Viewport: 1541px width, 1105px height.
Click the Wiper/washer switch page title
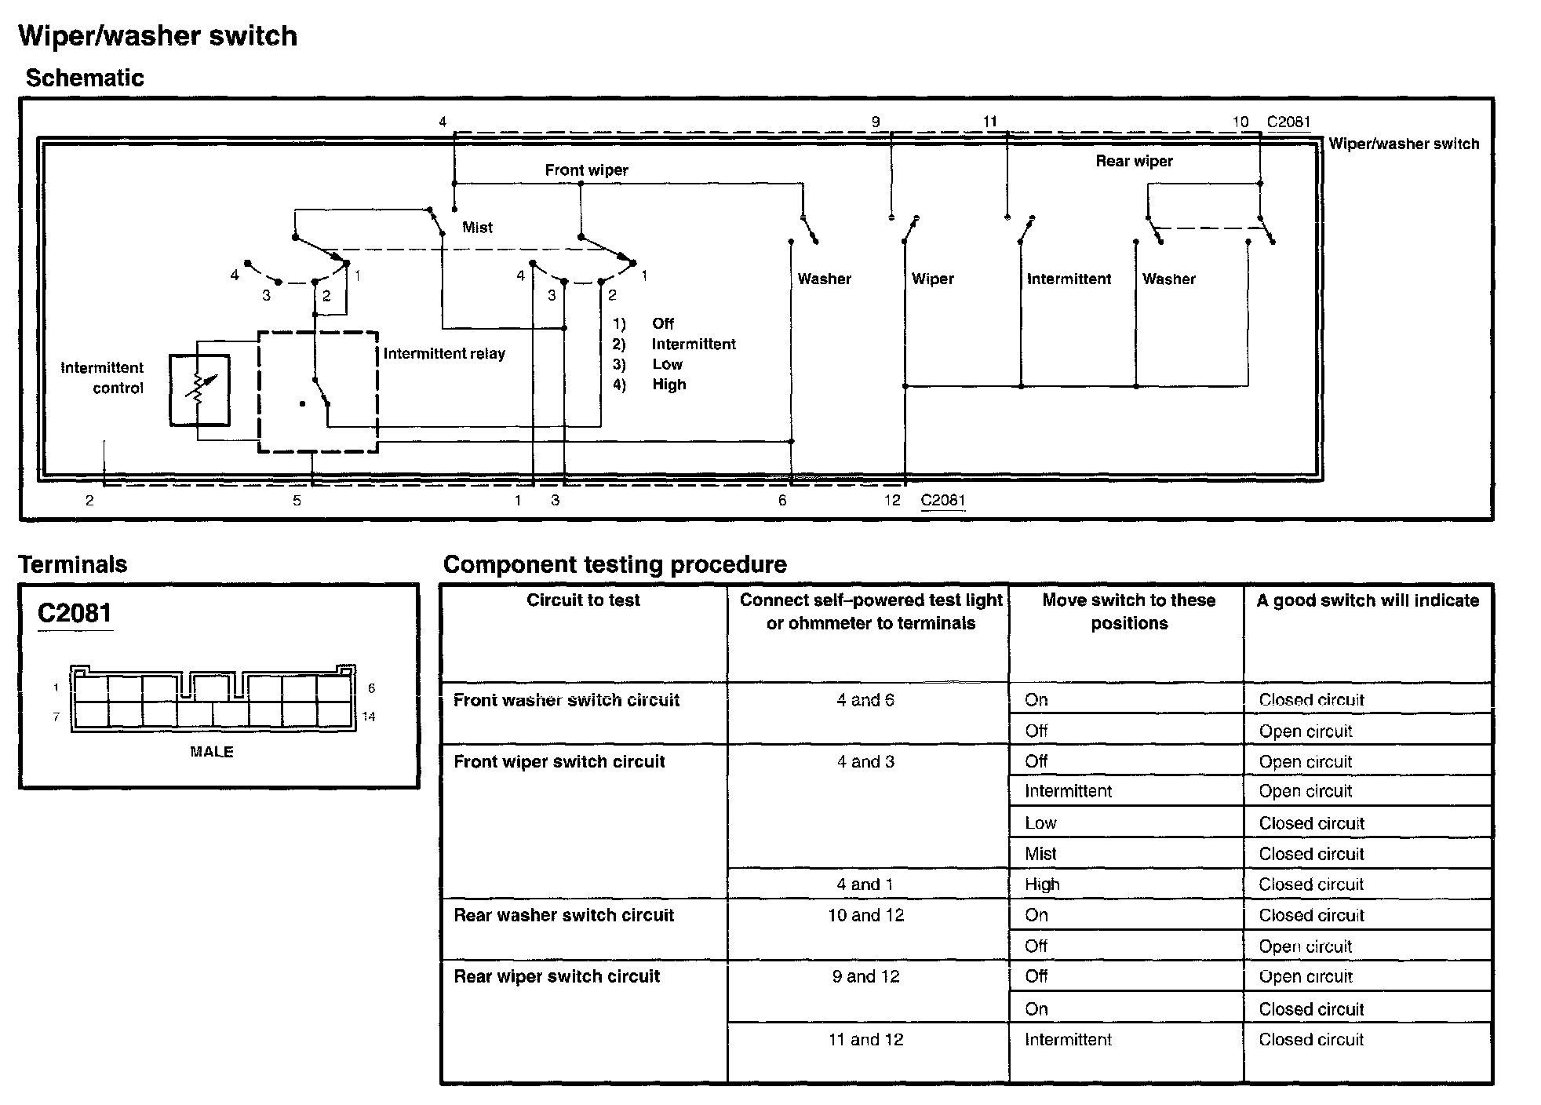pos(158,36)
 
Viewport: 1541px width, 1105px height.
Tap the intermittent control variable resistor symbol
pos(199,389)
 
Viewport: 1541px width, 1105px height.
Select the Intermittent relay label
pos(444,353)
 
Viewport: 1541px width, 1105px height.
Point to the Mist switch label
pos(477,228)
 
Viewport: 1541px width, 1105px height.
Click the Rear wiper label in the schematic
pos(1134,161)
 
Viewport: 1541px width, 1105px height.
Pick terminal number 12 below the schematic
pos(892,500)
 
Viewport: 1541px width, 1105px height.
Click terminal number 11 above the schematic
pos(990,122)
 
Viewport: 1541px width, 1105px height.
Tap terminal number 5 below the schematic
pos(297,500)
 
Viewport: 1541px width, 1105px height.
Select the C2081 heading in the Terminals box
pos(75,613)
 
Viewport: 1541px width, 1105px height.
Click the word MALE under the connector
pos(212,752)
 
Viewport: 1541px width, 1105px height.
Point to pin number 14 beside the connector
pos(369,717)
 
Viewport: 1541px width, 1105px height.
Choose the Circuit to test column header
pos(583,600)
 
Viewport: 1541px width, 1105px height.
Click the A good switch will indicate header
pos(1368,600)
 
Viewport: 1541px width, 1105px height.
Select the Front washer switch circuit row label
pos(566,700)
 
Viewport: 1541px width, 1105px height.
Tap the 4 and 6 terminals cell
pos(865,700)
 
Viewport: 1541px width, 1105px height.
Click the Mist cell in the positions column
pos(1040,854)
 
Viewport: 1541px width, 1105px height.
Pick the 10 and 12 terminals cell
pos(866,915)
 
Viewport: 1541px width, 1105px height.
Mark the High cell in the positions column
pos(1042,884)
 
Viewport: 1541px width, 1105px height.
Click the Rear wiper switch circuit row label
pos(556,976)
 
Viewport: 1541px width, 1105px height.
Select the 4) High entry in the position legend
pos(650,385)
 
